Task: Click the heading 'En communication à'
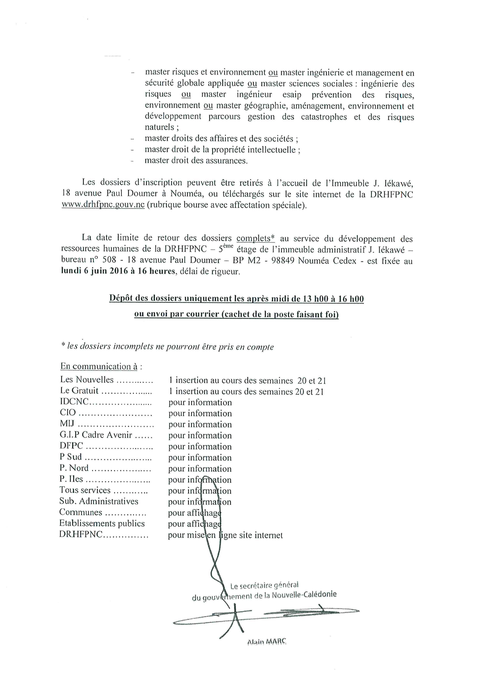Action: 99,366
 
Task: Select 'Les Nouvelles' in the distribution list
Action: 87,380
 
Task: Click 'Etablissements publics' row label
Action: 102,523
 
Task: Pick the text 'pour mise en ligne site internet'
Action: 225,535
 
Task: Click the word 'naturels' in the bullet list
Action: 159,127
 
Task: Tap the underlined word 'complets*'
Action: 255,238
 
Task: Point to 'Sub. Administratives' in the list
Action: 99,501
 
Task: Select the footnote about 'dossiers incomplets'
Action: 167,346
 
